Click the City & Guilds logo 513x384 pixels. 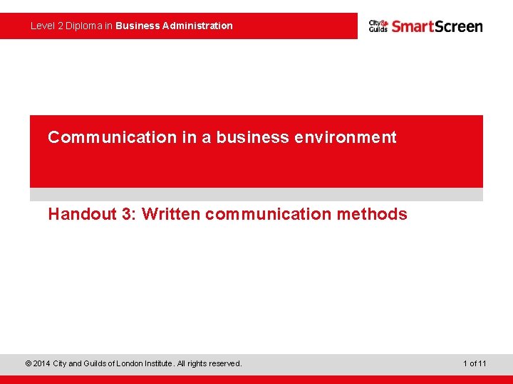[x=378, y=26]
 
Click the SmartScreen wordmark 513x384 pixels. [x=437, y=26]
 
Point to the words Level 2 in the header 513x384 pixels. [x=46, y=26]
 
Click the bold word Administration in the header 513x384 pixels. [x=197, y=26]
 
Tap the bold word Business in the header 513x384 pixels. [x=138, y=26]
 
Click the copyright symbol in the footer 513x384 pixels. [x=28, y=363]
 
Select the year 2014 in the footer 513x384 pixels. [x=42, y=363]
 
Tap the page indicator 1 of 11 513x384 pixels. [x=474, y=363]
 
